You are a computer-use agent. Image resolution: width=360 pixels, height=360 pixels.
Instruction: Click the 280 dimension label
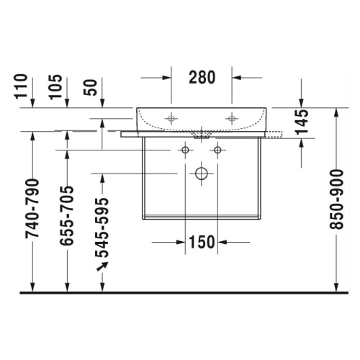pos(201,77)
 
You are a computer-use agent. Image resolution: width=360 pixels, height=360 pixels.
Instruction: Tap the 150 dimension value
pos(201,242)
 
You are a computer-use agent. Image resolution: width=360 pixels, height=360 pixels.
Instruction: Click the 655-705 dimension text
pos(66,217)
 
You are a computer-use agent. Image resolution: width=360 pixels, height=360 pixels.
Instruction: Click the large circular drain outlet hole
pos(201,174)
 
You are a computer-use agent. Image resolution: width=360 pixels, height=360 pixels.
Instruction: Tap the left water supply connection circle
pos(185,150)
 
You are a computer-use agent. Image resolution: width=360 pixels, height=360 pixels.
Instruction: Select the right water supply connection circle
pos(217,150)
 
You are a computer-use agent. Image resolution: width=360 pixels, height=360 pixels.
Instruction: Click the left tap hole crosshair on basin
pos(171,117)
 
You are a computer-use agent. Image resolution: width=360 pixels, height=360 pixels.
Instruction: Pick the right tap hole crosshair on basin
pos(231,117)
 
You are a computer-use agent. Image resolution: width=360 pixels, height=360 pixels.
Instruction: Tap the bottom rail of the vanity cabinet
pos(201,216)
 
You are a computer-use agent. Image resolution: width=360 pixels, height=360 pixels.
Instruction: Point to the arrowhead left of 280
pos(166,77)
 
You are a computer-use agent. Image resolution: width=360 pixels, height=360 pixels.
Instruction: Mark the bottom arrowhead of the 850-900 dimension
pos(336,288)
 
